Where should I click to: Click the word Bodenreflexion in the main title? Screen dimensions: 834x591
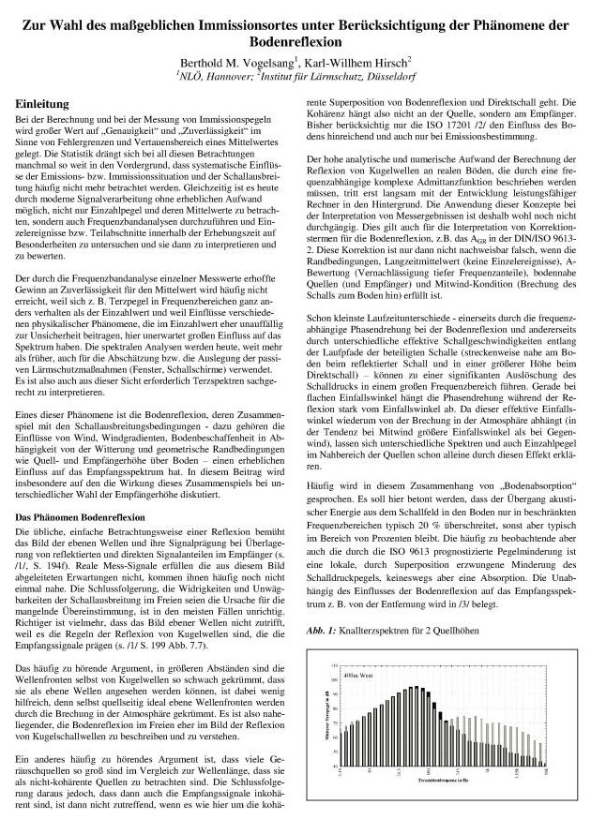295,42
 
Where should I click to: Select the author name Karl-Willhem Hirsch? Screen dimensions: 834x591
360,61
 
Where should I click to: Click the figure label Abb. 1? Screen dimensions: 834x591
320,631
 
